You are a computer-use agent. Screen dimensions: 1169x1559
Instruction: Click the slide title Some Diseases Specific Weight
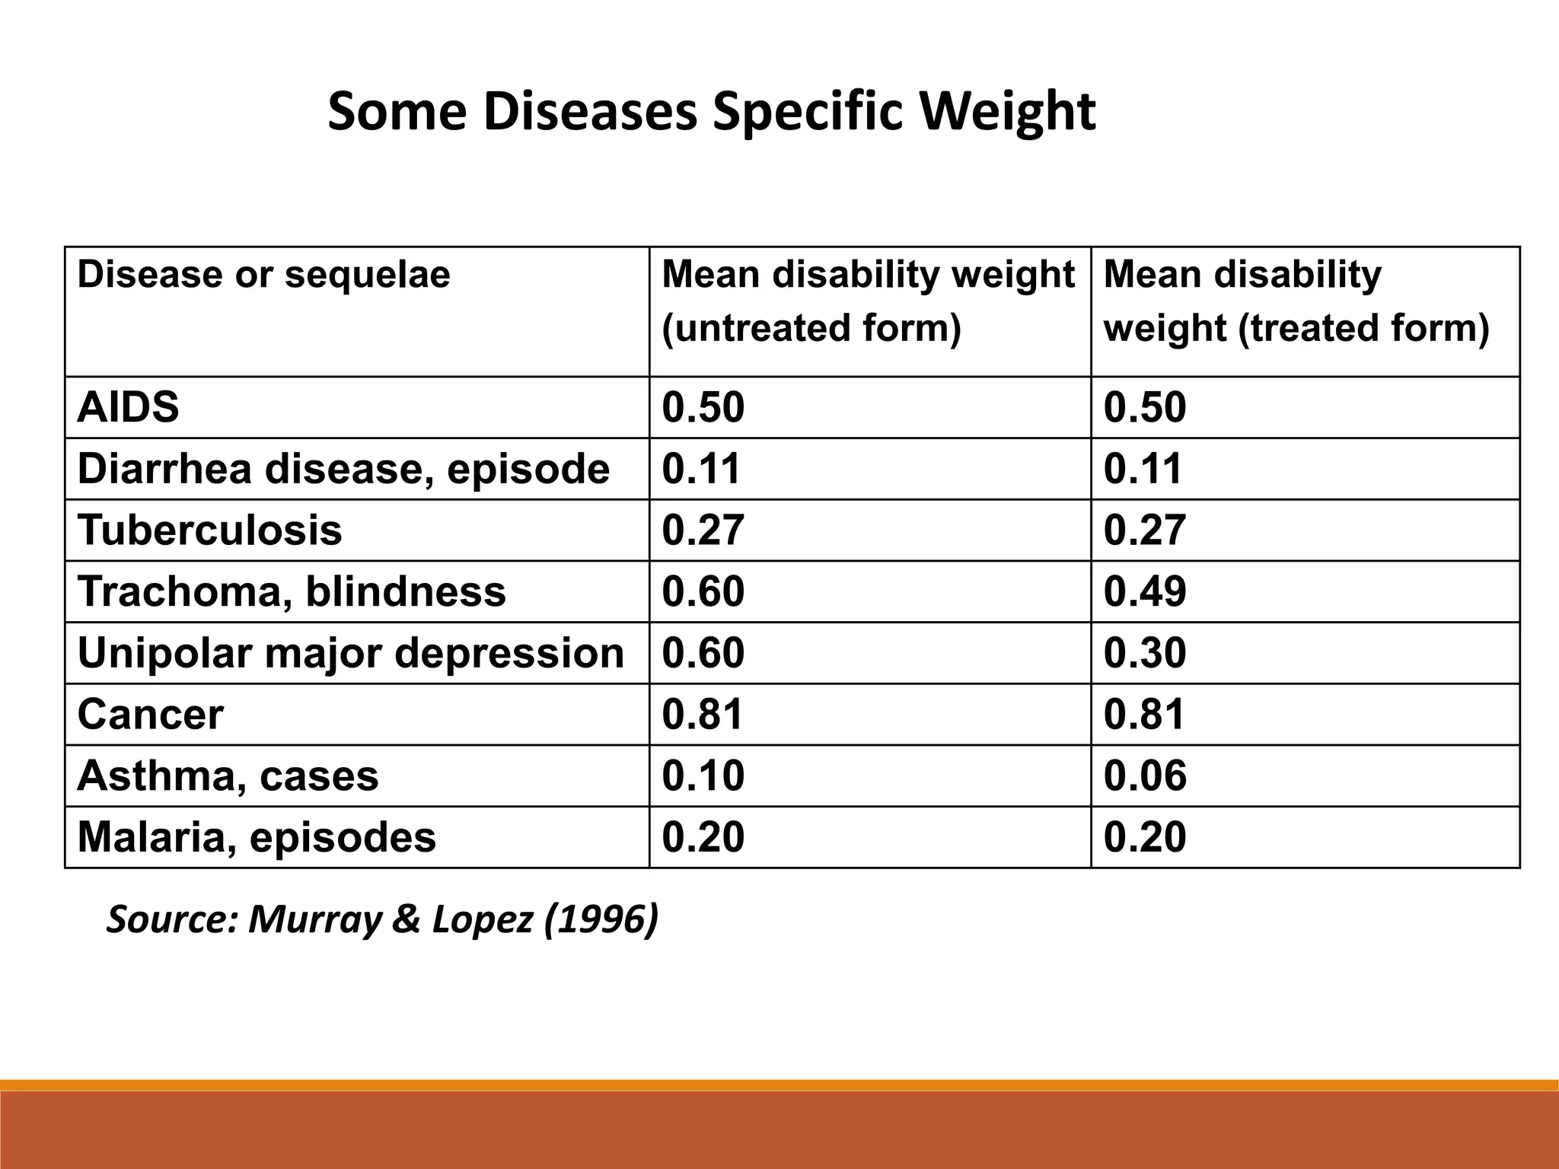coord(711,112)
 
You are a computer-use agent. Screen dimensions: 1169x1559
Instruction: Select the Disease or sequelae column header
coord(263,274)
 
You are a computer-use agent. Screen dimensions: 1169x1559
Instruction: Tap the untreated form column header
coord(868,301)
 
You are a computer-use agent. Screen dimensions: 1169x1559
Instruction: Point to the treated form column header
coord(1296,301)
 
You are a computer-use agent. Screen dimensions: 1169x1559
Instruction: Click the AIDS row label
coord(128,407)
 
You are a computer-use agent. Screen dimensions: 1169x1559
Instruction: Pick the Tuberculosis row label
coord(209,530)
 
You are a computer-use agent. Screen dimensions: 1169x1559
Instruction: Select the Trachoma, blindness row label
coord(291,591)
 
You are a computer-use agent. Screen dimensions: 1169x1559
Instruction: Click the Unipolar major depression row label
coord(350,653)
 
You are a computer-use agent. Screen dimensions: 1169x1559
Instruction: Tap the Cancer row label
coord(150,714)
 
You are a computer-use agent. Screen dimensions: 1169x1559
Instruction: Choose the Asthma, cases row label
coord(228,776)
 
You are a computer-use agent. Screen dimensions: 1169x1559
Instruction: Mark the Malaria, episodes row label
coord(257,837)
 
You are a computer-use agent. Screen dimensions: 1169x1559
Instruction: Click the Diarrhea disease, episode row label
coord(343,468)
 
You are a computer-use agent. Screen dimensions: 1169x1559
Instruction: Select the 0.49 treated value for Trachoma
coord(1144,591)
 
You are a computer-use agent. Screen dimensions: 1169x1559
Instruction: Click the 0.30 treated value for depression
coord(1144,653)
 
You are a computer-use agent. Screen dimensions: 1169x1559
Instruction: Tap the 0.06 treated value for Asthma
coord(1144,776)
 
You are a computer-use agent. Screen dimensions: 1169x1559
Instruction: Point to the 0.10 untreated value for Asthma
coord(703,776)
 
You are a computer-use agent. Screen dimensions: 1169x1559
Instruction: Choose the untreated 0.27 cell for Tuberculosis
coord(703,530)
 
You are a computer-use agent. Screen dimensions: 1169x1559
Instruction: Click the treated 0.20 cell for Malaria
coord(1144,837)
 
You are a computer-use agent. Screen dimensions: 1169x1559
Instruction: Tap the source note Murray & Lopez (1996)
coord(381,919)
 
